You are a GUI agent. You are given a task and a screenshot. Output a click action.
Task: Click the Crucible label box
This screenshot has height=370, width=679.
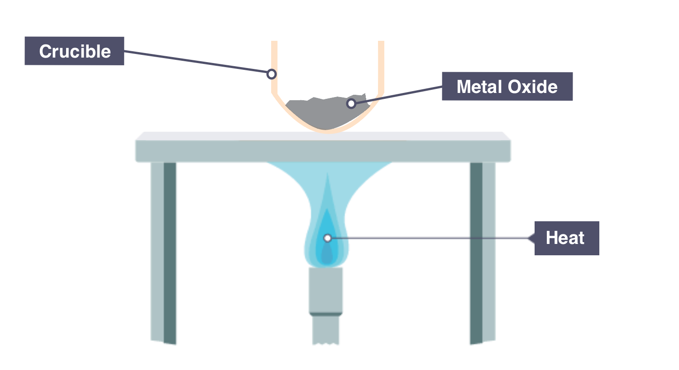coord(74,51)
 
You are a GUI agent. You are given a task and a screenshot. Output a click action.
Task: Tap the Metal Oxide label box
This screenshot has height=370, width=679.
coord(507,87)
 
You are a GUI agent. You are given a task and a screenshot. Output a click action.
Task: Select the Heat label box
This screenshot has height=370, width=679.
coord(566,238)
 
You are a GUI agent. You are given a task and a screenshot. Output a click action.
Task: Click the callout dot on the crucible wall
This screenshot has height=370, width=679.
coord(272,73)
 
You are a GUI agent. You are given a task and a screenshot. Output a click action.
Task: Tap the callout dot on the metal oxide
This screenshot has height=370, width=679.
coord(351,104)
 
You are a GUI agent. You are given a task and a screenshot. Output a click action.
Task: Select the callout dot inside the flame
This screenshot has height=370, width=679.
coord(327,238)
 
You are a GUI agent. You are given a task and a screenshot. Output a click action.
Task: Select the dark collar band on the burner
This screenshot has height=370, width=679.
coord(326,314)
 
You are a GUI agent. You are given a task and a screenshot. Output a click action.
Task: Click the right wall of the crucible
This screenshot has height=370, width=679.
coord(381,68)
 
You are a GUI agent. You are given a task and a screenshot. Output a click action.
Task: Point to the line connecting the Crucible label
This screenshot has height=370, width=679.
coord(195,61)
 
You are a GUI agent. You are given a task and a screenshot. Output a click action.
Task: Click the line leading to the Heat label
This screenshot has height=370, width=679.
coord(430,238)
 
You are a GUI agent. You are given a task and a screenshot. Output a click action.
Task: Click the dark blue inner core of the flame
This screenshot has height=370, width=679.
coord(327,254)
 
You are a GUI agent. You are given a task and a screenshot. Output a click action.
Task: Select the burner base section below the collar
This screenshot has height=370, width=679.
coord(326,330)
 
